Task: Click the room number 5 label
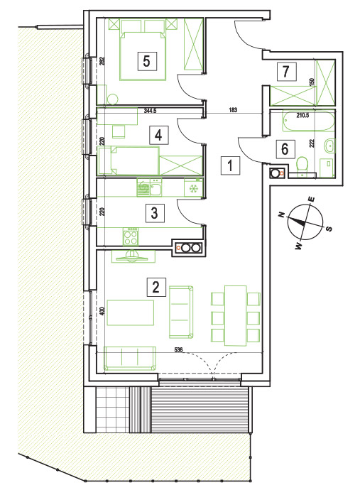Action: (x=146, y=61)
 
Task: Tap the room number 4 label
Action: (x=158, y=135)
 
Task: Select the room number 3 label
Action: (x=154, y=213)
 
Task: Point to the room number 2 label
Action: (x=156, y=287)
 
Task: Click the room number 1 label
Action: (x=230, y=165)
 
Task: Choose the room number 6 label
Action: (x=285, y=148)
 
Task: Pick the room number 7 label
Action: (x=286, y=71)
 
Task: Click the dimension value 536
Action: (x=178, y=349)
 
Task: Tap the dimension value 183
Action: (x=233, y=110)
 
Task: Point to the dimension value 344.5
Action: (x=150, y=110)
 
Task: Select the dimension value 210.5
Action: (x=302, y=115)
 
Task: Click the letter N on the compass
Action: (x=282, y=214)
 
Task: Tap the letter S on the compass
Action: (x=329, y=229)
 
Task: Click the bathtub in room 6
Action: (x=308, y=121)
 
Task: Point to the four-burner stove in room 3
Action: (x=131, y=236)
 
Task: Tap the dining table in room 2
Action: (x=236, y=315)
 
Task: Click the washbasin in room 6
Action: (x=329, y=146)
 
